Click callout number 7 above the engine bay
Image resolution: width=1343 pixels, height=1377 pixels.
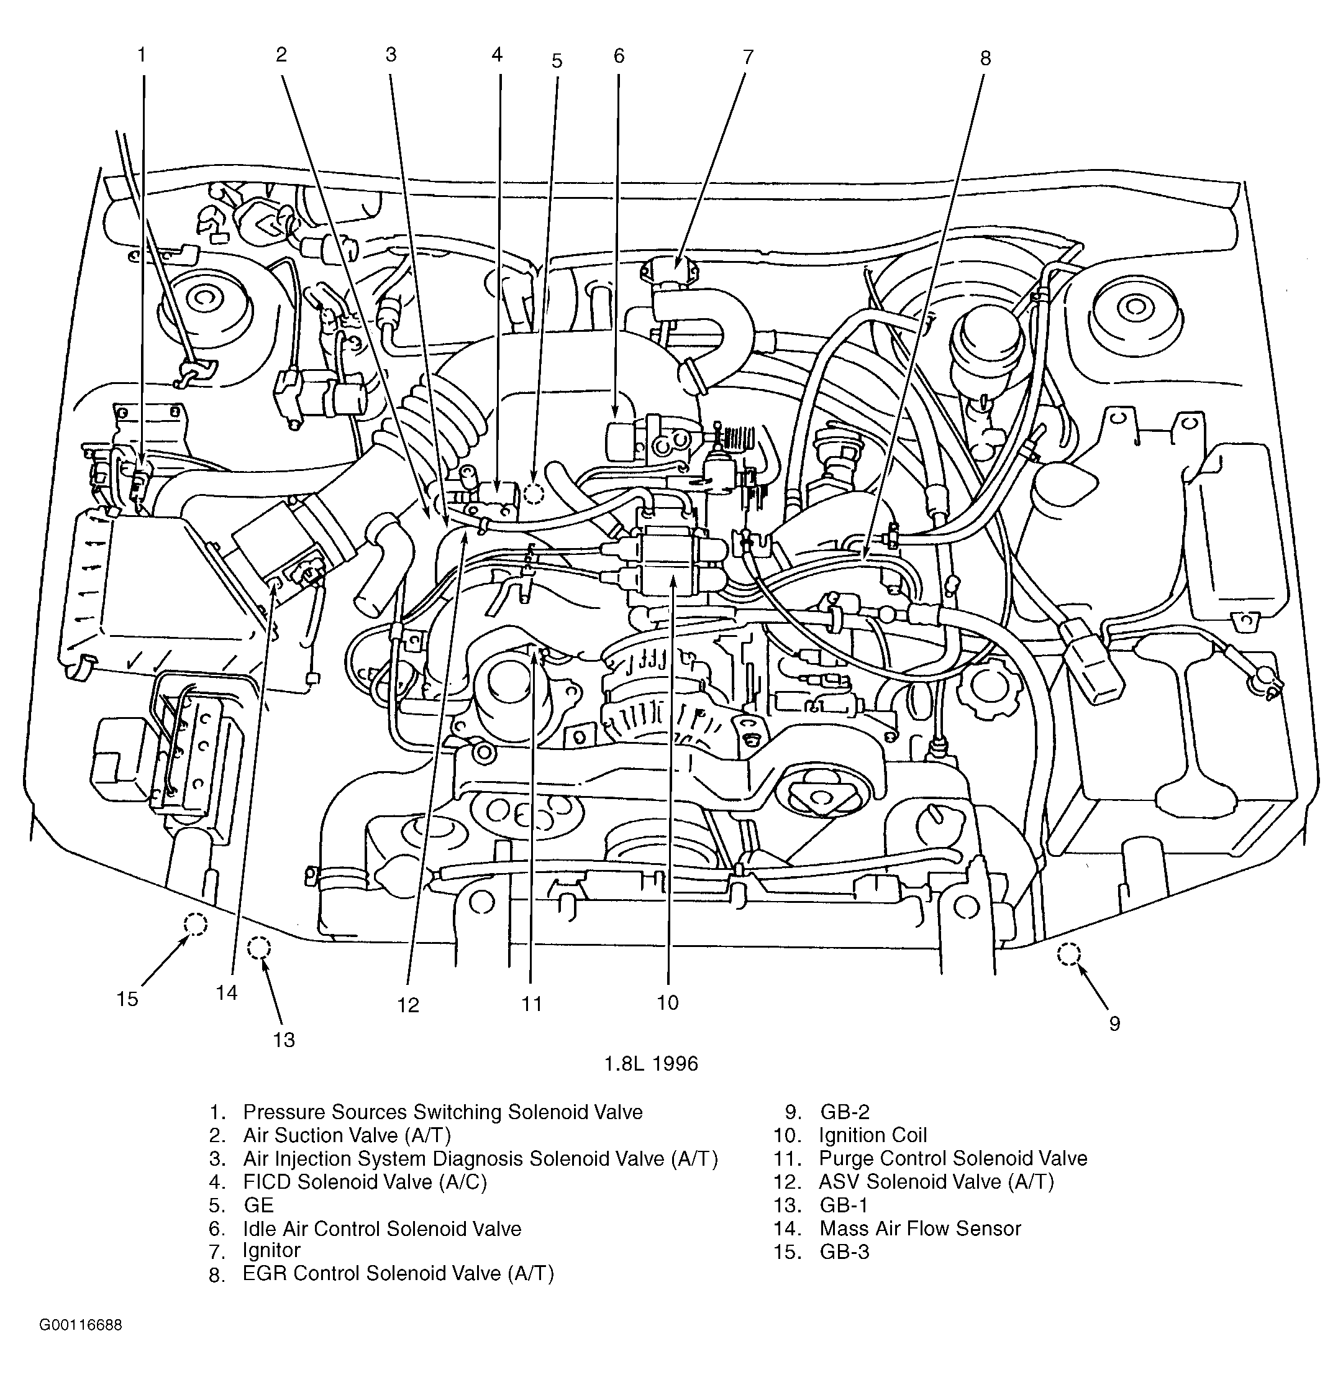pyautogui.click(x=748, y=57)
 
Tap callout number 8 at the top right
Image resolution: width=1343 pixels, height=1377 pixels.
pyautogui.click(x=985, y=58)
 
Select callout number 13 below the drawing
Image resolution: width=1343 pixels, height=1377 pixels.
pyautogui.click(x=283, y=1040)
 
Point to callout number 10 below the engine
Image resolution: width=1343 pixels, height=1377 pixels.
pyautogui.click(x=667, y=1002)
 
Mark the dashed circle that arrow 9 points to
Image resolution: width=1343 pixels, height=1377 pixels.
pyautogui.click(x=1068, y=954)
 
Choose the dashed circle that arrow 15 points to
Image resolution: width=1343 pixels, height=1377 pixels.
pyautogui.click(x=196, y=924)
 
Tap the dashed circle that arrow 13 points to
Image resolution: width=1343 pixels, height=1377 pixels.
pyautogui.click(x=259, y=948)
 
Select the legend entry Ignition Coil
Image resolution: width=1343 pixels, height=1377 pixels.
pyautogui.click(x=873, y=1135)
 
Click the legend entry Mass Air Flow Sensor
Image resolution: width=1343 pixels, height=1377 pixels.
pyautogui.click(x=920, y=1228)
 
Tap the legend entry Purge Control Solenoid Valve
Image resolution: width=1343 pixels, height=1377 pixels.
pyautogui.click(x=952, y=1158)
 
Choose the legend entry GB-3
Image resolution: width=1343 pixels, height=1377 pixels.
pyautogui.click(x=844, y=1251)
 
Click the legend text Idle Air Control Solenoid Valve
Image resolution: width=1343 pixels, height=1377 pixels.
pyautogui.click(x=381, y=1228)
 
